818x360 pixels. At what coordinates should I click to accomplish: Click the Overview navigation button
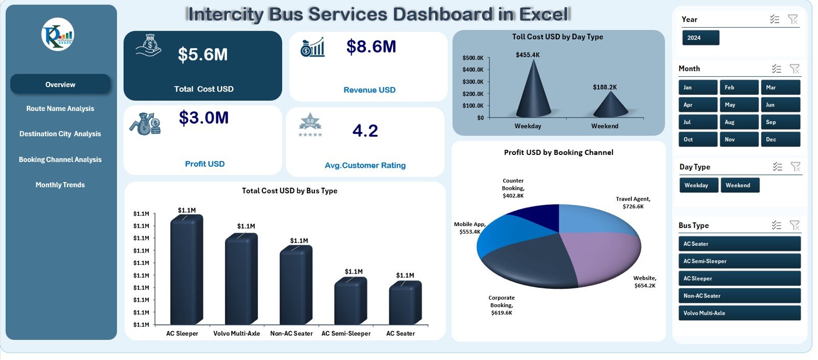pos(60,84)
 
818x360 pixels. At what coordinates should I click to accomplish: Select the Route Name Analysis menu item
pos(60,108)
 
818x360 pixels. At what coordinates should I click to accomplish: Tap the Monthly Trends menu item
pos(60,185)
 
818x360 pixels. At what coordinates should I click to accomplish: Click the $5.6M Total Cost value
pos(202,55)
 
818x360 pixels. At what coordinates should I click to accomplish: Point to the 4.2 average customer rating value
pos(365,131)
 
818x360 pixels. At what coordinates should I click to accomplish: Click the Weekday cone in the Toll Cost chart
pos(533,95)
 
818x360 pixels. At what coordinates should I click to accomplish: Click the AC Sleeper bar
pos(186,271)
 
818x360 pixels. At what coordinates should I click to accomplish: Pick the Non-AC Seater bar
pos(296,286)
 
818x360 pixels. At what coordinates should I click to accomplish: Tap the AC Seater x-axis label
pos(400,333)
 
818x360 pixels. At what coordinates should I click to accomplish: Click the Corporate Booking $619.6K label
pos(501,305)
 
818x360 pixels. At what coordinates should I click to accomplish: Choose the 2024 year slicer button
pos(700,38)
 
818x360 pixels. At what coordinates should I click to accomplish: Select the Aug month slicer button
pos(739,122)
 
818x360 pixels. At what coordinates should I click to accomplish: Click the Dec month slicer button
pos(780,140)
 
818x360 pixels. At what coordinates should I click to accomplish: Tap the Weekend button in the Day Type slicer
pos(740,185)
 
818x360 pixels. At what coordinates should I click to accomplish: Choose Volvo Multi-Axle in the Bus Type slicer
pos(739,313)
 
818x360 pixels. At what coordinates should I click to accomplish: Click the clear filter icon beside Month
pos(794,69)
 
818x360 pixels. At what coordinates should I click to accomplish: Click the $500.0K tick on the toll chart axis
pos(473,58)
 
